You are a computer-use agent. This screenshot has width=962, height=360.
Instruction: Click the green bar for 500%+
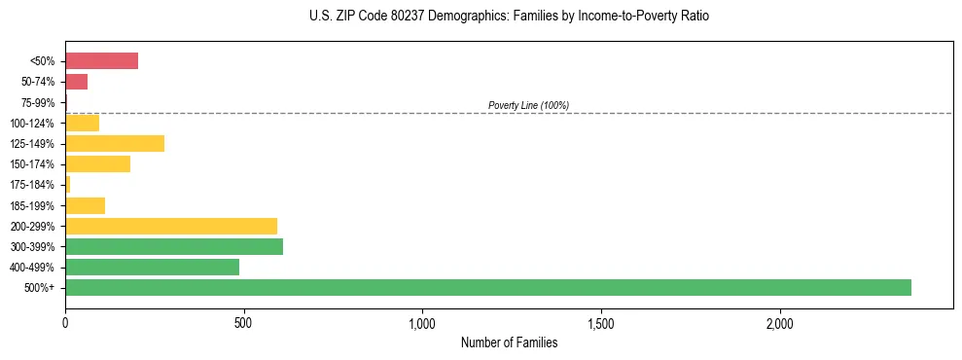[487, 287]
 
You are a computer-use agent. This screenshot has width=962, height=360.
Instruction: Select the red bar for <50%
[101, 61]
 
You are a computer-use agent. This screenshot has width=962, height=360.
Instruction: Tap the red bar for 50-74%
[76, 82]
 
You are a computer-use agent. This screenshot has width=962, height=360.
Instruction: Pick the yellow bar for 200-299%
[171, 226]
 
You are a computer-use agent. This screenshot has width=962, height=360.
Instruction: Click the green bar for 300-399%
[174, 246]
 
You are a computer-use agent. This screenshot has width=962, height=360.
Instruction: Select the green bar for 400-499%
[152, 267]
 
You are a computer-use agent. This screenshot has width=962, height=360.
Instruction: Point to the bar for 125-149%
[115, 143]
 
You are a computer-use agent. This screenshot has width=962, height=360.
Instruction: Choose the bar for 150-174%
[97, 163]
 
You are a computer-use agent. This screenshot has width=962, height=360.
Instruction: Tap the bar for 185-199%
[85, 205]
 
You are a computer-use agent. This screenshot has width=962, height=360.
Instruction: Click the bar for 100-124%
[82, 123]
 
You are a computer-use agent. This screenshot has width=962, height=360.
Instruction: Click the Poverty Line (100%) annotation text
[528, 105]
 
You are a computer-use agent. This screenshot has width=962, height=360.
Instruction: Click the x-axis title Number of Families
[509, 342]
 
